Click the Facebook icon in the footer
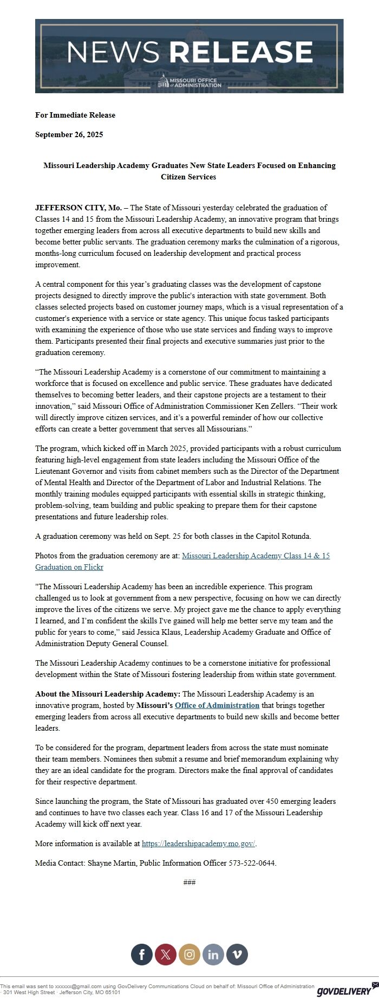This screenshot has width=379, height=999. pos(142,955)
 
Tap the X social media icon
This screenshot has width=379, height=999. pos(166,955)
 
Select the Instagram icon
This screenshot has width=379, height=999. pos(190,955)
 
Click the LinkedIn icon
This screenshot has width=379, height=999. pos(213,955)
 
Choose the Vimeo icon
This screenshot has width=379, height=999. pos(237,955)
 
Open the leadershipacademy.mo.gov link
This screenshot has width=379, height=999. pos(198,843)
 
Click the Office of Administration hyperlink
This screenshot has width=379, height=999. pos(217,705)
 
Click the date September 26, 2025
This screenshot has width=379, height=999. pos(69,134)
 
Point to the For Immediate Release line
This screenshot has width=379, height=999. pos(75,115)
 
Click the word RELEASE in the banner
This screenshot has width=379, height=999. pos(241,52)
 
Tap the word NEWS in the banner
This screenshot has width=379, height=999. pos(113,52)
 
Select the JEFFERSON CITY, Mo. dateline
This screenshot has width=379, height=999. pos(79,208)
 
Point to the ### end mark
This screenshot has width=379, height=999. pos(190,882)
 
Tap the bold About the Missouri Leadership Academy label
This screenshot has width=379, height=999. pos(108,694)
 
